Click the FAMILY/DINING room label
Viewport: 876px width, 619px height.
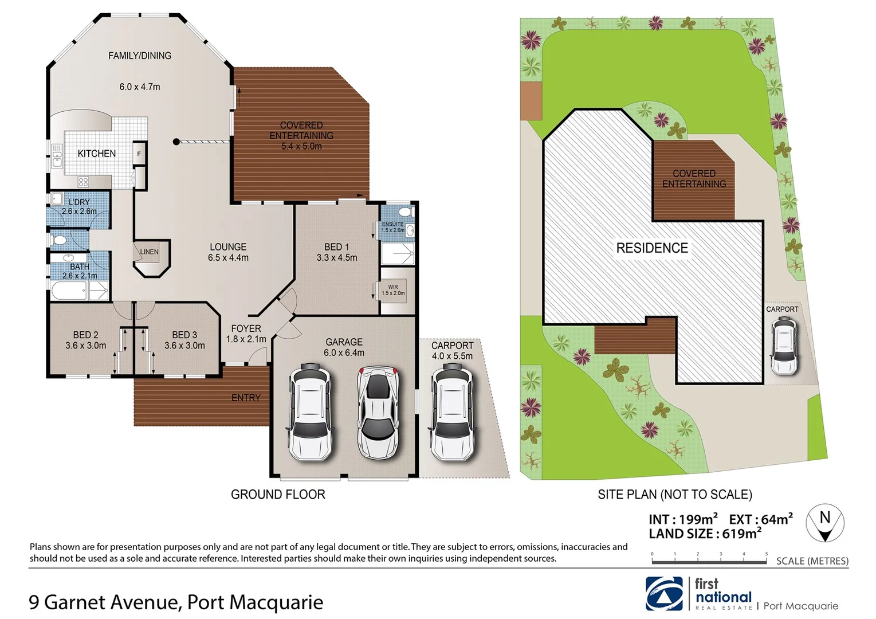(x=140, y=56)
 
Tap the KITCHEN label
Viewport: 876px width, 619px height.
(x=97, y=154)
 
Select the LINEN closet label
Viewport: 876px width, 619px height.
(x=149, y=252)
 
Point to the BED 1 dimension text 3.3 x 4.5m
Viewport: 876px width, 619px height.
(x=337, y=258)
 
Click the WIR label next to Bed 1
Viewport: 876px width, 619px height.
(x=393, y=287)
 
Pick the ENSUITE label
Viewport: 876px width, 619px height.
(x=393, y=224)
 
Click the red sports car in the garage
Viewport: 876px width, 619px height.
(x=378, y=412)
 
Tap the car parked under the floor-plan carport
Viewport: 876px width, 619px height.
(x=453, y=412)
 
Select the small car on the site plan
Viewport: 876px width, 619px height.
(x=783, y=346)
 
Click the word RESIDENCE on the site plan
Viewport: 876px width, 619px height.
(x=652, y=248)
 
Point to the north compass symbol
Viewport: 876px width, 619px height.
(x=825, y=523)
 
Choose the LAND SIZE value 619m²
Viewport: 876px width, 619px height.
(x=742, y=534)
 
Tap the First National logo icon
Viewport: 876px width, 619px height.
(x=665, y=593)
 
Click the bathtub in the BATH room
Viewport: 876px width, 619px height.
(x=69, y=292)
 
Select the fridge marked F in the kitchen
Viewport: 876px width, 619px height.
(x=139, y=154)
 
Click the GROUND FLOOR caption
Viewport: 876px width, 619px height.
(x=278, y=495)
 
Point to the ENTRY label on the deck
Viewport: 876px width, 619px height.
(x=246, y=398)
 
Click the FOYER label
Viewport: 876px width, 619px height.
(x=246, y=328)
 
